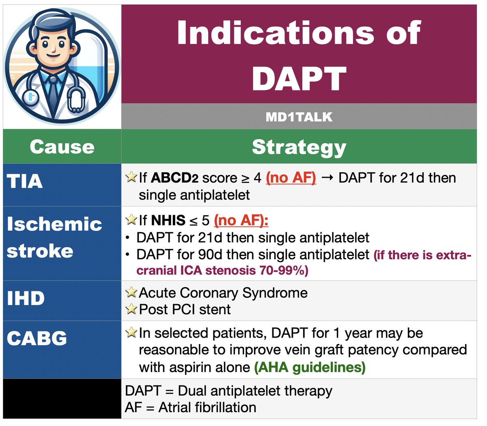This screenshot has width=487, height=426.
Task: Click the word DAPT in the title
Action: point(299,78)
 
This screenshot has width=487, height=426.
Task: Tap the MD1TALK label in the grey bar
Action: point(299,117)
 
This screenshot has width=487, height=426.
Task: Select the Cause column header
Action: point(62,146)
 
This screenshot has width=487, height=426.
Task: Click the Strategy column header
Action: point(299,147)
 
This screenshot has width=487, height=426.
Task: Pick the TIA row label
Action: point(25,181)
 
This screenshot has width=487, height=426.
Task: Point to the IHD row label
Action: point(26,298)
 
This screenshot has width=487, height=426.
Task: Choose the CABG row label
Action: point(37,338)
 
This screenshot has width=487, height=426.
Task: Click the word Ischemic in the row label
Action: point(54,224)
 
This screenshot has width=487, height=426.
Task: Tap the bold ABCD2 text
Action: point(175,178)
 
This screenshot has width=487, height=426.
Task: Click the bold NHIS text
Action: point(168,220)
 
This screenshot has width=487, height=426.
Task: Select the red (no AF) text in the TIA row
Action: point(291,178)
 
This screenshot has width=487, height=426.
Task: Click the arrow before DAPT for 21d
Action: point(327,178)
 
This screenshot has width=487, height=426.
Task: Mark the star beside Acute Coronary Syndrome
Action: point(131,293)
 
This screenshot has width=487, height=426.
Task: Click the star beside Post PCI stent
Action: point(131,309)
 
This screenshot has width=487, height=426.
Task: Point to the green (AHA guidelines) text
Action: point(310,368)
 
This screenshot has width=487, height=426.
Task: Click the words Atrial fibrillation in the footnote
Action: point(207,407)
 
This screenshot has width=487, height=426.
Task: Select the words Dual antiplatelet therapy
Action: point(255,391)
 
